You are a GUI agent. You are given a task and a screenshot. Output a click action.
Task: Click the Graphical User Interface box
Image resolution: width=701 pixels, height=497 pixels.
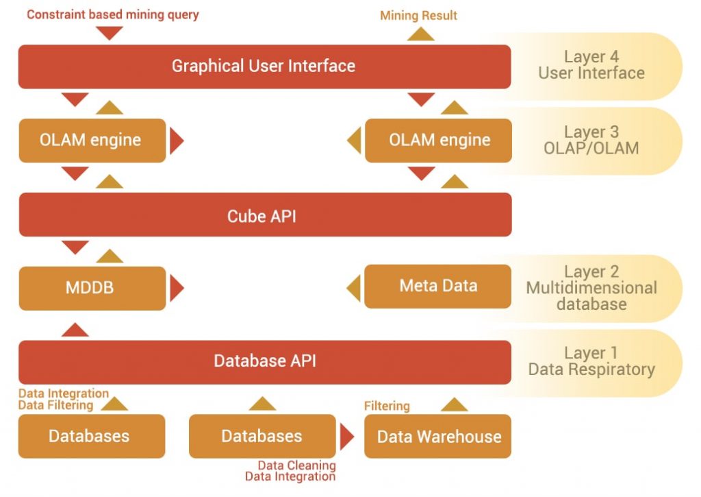264,66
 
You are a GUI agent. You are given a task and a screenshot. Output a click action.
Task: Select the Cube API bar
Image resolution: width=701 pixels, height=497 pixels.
264,215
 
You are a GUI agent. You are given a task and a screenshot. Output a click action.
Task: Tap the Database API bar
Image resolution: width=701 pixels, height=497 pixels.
264,361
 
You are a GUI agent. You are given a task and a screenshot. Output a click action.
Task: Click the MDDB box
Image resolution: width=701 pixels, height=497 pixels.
92,287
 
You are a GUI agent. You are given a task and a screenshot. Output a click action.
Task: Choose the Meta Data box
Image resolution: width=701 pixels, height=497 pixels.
438,286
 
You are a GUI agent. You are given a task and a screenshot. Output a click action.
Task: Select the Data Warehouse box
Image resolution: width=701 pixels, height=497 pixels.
438,436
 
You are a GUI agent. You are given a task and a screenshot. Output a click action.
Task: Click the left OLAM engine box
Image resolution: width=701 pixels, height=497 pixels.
92,141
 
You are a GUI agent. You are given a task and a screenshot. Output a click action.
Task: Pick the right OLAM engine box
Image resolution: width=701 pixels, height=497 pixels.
438,141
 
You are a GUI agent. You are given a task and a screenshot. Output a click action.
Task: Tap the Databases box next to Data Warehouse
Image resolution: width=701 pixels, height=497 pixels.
262,436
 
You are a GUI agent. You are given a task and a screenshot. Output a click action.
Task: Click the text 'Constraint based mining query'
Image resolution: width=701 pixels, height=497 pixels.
113,14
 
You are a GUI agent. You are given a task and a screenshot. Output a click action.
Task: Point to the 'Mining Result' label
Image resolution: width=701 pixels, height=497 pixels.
419,15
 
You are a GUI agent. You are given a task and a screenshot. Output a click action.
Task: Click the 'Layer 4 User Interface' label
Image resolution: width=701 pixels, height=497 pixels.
591,65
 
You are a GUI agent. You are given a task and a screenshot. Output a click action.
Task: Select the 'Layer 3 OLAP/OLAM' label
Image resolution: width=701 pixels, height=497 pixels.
591,139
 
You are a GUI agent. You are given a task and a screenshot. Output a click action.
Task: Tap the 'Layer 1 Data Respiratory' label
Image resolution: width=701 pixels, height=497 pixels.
591,361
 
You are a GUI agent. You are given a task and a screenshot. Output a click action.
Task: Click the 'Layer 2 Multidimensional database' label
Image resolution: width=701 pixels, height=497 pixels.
591,288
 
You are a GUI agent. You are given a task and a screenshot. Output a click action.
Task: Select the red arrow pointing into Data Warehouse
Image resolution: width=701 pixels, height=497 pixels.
347,437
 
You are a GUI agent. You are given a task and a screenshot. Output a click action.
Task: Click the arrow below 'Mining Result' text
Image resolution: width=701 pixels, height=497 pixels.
421,34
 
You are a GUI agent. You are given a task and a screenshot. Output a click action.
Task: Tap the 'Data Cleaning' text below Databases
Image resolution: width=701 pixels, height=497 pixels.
296,465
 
